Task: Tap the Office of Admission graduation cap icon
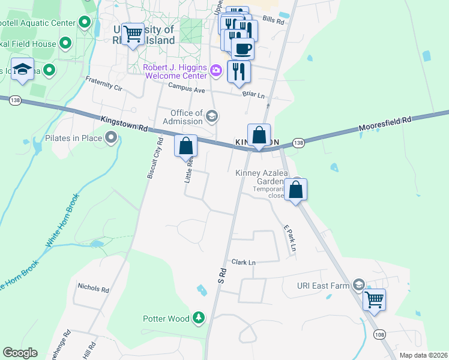pos(211,115)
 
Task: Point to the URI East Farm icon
pos(359,285)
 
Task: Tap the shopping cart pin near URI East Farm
pos(375,299)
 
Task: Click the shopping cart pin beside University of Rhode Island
pos(132,34)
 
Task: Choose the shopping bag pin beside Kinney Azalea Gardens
pos(296,190)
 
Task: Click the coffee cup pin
pos(243,49)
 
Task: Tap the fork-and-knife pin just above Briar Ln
pos(239,71)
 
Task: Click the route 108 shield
pos(379,334)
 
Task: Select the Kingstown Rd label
pos(124,124)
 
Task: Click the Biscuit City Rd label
pos(155,158)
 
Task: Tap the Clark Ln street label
pos(244,262)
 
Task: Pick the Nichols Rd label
pos(93,289)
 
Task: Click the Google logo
pos(20,353)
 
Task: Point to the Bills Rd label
pos(273,20)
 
